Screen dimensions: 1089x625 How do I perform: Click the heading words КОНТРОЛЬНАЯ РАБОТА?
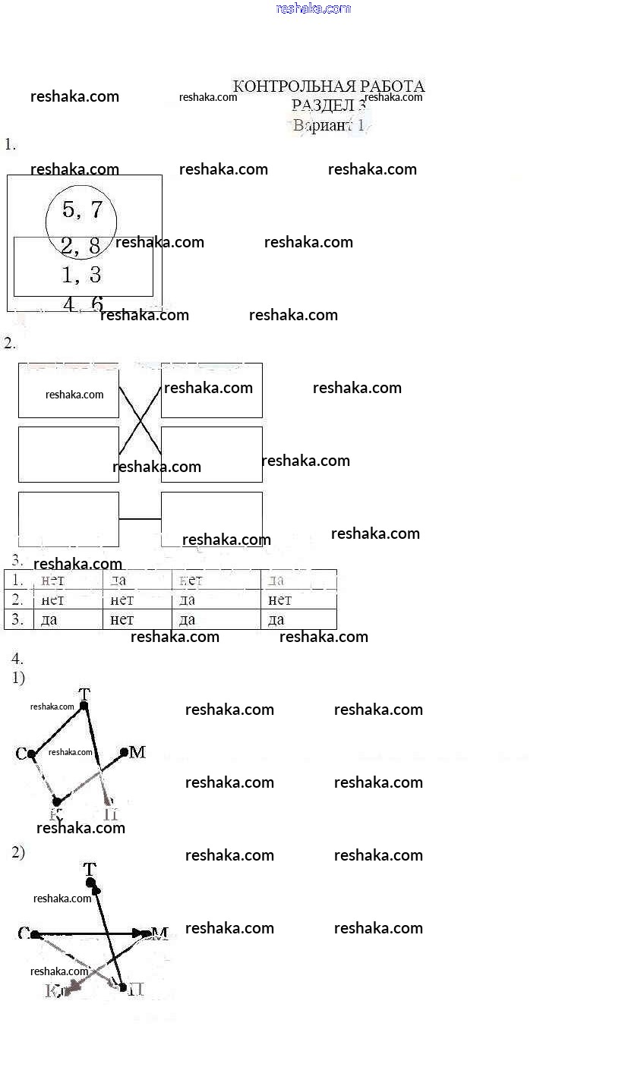328,87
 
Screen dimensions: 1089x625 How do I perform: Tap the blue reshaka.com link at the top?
313,8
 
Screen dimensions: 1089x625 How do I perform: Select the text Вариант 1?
328,125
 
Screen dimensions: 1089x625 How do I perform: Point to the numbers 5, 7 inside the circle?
82,210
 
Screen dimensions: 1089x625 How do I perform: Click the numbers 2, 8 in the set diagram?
80,245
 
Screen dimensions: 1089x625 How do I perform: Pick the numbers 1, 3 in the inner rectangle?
81,274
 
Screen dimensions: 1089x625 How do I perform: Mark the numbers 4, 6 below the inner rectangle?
83,304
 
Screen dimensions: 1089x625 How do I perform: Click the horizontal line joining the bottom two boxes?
140,519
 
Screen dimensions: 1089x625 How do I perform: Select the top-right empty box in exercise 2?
212,390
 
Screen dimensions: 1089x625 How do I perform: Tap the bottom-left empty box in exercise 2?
68,519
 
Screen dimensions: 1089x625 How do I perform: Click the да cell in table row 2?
188,600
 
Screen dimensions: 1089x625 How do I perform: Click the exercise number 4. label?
17,658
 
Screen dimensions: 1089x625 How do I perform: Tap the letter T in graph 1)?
84,694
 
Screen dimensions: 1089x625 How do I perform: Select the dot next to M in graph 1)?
125,752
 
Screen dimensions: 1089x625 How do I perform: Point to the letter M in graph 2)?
159,933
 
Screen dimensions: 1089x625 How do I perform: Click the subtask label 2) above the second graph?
18,852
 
